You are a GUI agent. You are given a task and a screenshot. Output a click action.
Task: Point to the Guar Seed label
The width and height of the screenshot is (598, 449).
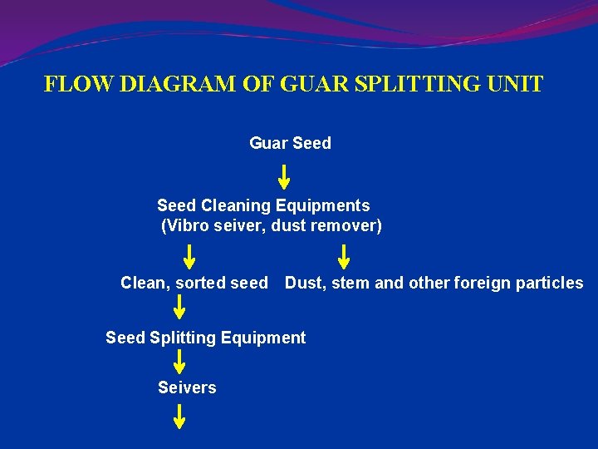point(290,143)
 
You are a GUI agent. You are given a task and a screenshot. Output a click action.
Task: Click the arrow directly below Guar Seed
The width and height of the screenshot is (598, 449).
point(283,177)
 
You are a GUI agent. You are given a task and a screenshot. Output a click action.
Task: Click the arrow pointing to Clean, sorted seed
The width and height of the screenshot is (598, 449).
point(190,257)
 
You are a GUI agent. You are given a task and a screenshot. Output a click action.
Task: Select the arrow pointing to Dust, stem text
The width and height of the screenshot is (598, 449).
point(343,257)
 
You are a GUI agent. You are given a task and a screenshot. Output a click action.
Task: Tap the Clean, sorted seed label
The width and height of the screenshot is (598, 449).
point(194,283)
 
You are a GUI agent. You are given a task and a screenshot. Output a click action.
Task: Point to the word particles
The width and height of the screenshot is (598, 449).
point(549,283)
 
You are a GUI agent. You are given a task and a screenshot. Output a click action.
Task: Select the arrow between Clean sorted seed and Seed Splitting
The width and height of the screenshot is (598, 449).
point(179,308)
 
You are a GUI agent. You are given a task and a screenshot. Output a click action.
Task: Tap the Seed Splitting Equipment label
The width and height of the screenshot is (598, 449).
point(205,338)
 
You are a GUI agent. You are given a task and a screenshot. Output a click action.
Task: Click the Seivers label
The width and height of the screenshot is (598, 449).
point(187,387)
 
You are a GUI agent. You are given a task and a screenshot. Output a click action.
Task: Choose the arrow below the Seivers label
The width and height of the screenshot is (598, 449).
point(179,416)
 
